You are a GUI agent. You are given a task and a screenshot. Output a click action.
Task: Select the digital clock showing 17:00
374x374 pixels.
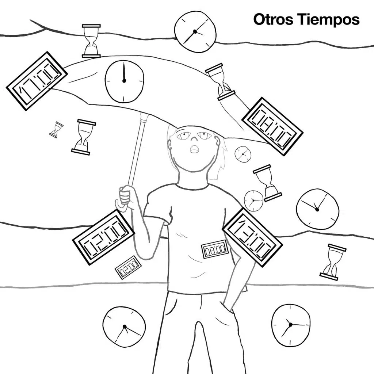pos(37,81)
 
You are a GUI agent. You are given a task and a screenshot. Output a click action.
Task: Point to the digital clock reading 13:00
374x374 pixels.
pos(252,237)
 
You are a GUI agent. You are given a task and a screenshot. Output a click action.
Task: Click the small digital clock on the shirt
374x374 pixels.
pos(214,249)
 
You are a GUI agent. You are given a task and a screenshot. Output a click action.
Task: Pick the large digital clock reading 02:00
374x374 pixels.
pos(103,237)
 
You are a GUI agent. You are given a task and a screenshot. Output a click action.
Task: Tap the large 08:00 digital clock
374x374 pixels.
pos(272,126)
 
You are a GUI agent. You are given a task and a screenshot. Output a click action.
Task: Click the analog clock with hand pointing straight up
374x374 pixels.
pos(124,81)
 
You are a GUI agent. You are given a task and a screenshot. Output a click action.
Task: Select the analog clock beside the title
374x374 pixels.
pos(195,32)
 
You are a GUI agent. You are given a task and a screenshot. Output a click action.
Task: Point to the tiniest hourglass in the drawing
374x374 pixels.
pos(56,130)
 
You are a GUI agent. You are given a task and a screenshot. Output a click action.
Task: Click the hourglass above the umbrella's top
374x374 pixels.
pos(91,41)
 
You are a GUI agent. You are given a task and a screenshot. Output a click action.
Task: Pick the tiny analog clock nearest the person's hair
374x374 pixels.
pos(243,154)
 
